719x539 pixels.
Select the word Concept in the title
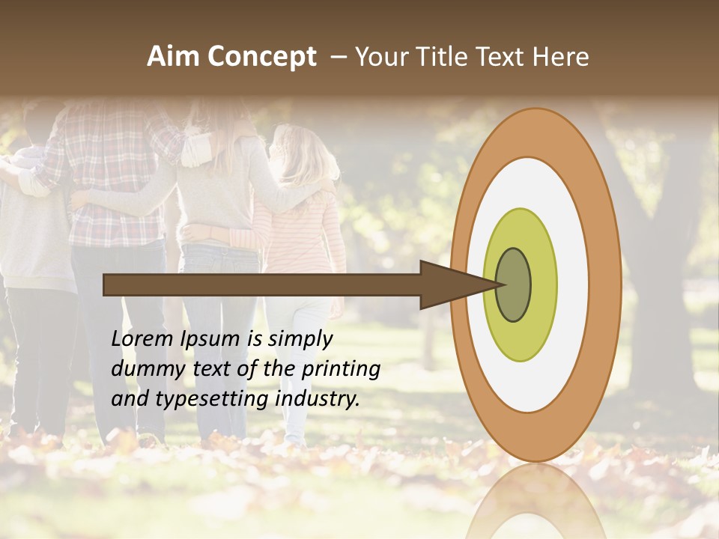click(262, 58)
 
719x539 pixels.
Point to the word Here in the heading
click(560, 57)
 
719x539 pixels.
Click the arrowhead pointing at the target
click(449, 284)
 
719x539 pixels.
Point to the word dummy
click(142, 369)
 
